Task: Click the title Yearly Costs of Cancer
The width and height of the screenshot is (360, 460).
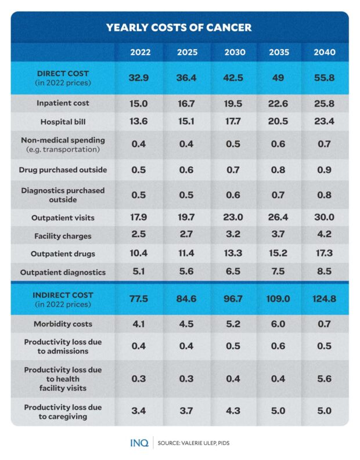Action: (x=179, y=27)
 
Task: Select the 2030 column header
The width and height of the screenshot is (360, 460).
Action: (x=235, y=52)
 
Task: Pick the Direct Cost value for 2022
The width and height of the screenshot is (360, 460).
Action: (x=141, y=78)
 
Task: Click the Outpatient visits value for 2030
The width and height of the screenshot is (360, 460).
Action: (x=235, y=218)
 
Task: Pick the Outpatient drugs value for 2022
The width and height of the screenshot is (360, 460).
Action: (x=141, y=253)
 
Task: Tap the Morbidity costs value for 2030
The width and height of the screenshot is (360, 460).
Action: (x=235, y=324)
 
